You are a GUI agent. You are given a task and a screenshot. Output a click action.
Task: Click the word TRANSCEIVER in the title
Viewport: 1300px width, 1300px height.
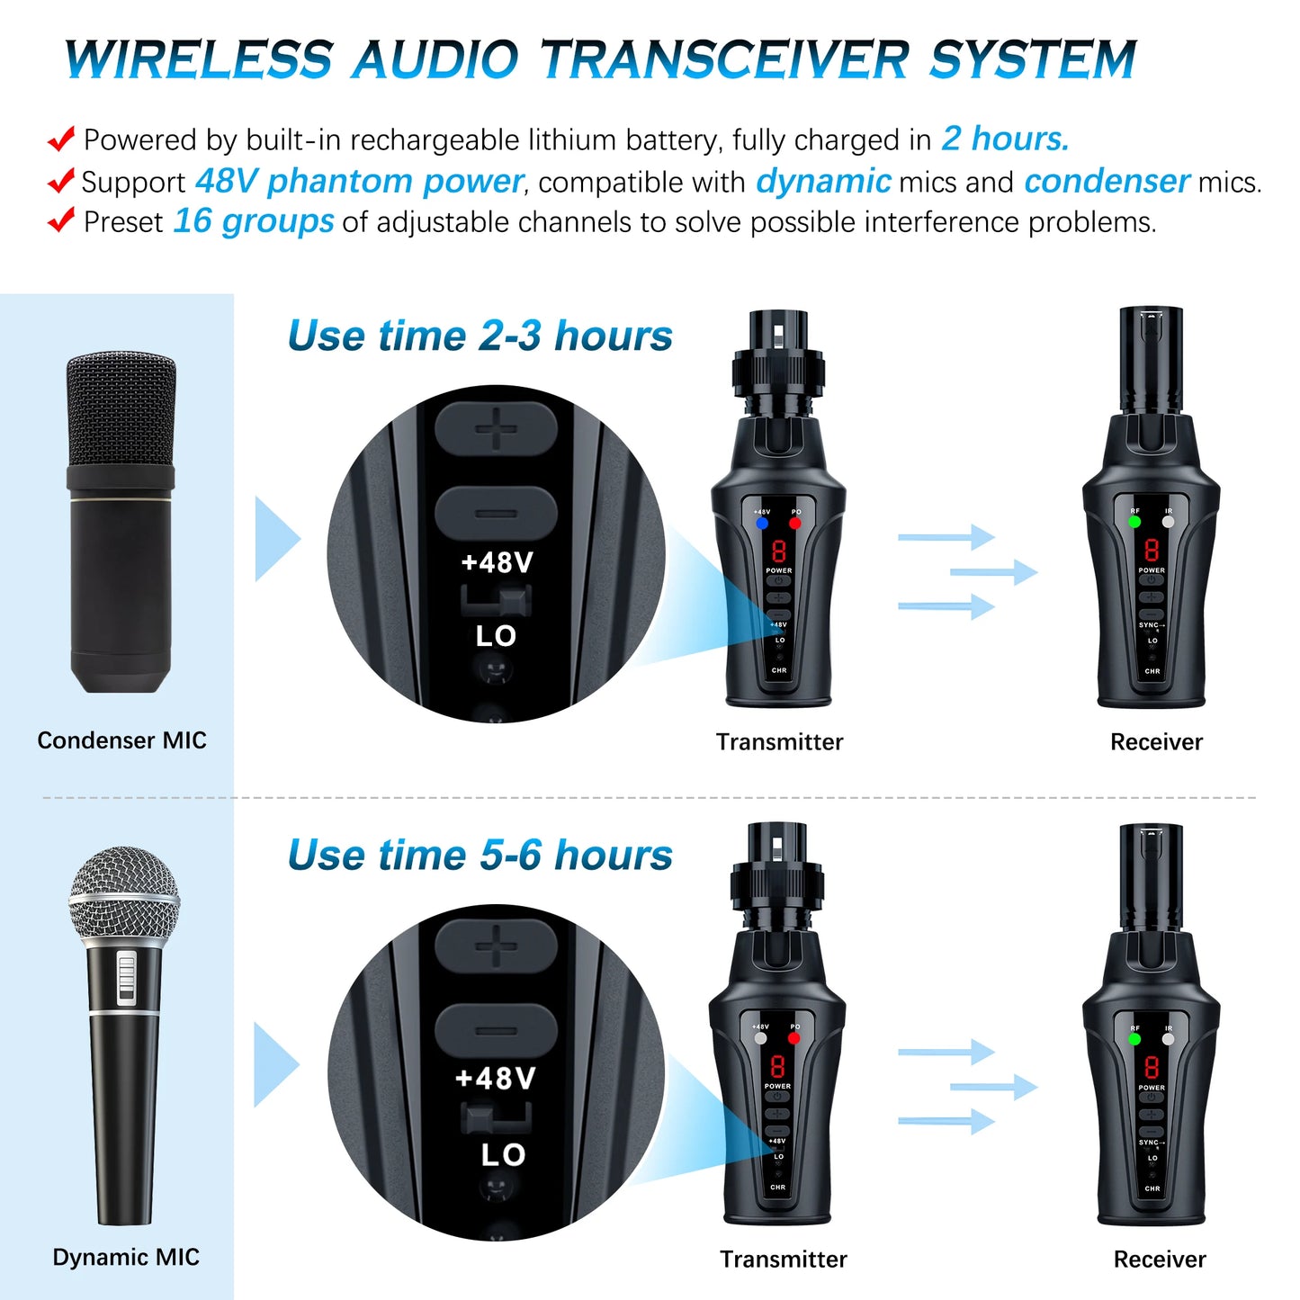pyautogui.click(x=724, y=60)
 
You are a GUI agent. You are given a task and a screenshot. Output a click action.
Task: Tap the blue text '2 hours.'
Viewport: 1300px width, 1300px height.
pyautogui.click(x=1005, y=139)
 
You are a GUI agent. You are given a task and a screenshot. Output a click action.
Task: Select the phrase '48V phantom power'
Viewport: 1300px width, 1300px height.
pyautogui.click(x=358, y=181)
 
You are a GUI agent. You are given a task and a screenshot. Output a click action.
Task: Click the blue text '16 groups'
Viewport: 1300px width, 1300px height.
pyautogui.click(x=253, y=221)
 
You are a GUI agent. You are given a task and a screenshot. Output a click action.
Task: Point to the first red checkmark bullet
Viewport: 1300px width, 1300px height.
pyautogui.click(x=60, y=139)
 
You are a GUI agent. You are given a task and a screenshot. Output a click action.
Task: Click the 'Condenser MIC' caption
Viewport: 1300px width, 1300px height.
pyautogui.click(x=121, y=740)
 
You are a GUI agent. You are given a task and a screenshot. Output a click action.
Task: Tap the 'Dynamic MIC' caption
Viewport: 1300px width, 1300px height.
pyautogui.click(x=126, y=1257)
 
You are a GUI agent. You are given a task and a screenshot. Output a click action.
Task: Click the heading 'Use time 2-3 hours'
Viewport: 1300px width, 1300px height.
pyautogui.click(x=480, y=336)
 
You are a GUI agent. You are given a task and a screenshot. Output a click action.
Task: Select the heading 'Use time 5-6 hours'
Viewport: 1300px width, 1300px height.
pyautogui.click(x=480, y=855)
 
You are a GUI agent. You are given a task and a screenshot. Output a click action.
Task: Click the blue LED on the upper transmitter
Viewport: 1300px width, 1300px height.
pyautogui.click(x=762, y=523)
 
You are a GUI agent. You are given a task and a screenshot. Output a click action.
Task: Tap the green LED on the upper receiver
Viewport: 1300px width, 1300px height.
pyautogui.click(x=1134, y=522)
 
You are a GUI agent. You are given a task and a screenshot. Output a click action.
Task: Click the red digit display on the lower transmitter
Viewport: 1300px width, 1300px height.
pyautogui.click(x=777, y=1067)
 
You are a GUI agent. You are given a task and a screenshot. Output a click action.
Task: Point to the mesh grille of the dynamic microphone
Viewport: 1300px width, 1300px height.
pyautogui.click(x=124, y=895)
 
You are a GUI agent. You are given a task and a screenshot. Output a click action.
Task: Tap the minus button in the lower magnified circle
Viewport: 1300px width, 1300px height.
pyautogui.click(x=496, y=1032)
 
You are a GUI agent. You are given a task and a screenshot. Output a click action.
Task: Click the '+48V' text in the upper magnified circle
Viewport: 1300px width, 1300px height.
pyautogui.click(x=497, y=563)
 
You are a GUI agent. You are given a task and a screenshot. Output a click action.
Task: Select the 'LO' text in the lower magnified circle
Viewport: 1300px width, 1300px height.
pyautogui.click(x=502, y=1155)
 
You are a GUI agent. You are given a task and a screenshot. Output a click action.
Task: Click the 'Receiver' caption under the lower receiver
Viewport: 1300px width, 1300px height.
pyautogui.click(x=1159, y=1260)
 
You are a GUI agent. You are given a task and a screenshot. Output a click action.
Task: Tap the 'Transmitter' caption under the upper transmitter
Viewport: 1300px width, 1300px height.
pyautogui.click(x=779, y=742)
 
